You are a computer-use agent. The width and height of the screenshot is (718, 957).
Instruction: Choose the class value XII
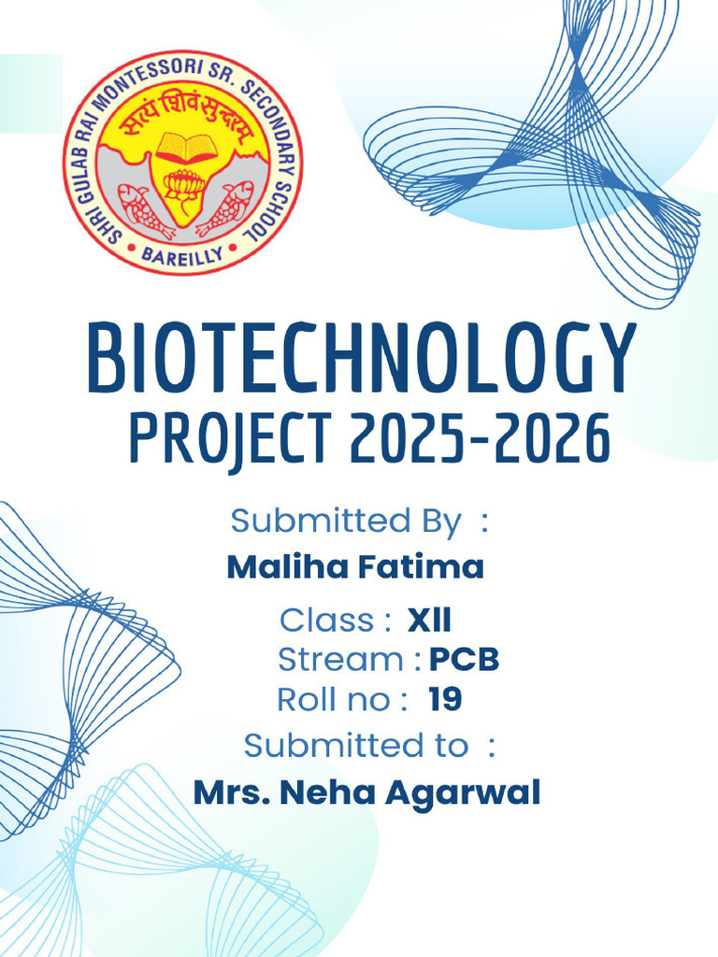pos(429,620)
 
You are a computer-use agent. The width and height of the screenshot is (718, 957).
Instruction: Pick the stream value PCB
pos(464,660)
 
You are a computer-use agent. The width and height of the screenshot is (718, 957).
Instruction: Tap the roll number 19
pos(445,699)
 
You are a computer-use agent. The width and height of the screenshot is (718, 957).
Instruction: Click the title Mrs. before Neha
pos(232,793)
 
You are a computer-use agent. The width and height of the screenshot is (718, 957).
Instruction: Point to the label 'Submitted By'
pos(345,521)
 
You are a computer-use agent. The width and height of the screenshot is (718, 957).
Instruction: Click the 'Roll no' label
pos(331,699)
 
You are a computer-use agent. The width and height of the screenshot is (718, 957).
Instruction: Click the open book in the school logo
pos(186,147)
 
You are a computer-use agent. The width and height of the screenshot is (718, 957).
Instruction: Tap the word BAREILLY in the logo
pos(183,253)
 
